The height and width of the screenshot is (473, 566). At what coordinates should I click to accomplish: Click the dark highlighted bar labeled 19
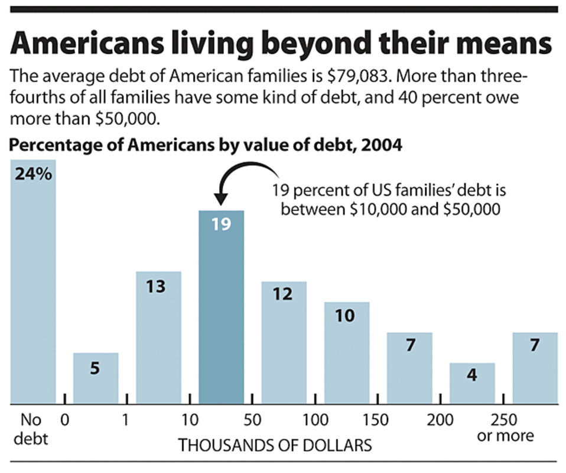[221, 307]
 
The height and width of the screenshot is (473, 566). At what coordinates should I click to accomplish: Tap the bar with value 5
[96, 378]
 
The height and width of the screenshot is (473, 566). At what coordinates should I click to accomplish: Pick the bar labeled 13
[158, 338]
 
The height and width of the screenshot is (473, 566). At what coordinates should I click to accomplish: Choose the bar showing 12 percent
[284, 343]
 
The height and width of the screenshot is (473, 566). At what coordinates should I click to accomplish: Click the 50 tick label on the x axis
[252, 420]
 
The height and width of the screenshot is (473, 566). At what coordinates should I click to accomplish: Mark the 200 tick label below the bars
[441, 420]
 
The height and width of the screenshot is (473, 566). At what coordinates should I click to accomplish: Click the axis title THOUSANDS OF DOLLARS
[275, 445]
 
